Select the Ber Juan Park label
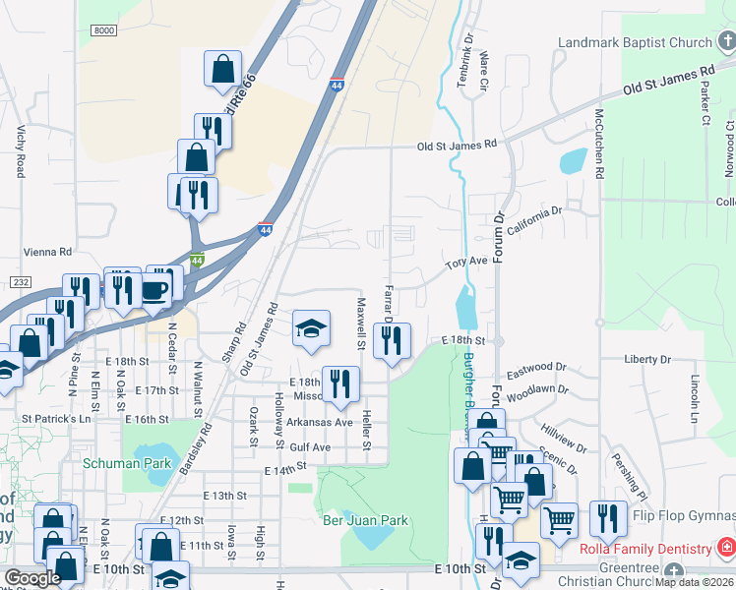(x=365, y=519)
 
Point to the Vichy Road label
(x=20, y=152)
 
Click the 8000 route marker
(x=103, y=31)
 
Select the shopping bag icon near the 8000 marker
(x=223, y=70)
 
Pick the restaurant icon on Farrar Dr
(x=393, y=340)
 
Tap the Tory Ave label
(x=466, y=262)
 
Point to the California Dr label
(x=534, y=218)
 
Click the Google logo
(x=32, y=578)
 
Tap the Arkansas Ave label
(x=319, y=422)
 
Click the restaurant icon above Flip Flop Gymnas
(x=608, y=518)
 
